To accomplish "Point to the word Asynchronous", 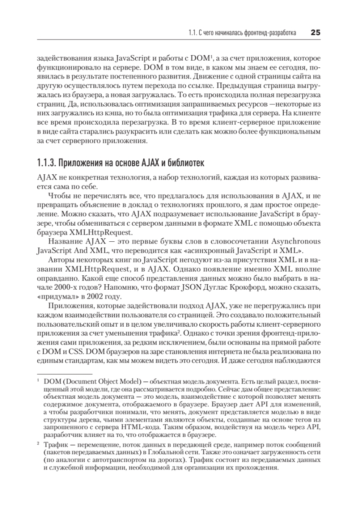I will [296, 241].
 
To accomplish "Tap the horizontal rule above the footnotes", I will [65, 374].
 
